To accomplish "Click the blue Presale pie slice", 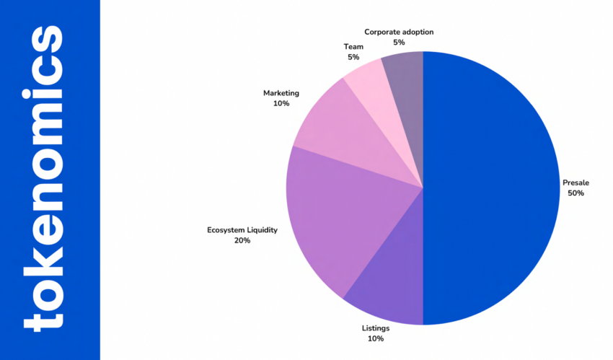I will [x=490, y=188].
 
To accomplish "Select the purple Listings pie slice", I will [x=389, y=281].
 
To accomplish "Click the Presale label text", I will [x=575, y=183].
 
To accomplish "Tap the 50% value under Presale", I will [x=575, y=193].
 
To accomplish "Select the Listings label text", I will [x=375, y=328].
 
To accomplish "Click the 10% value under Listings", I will [x=375, y=338].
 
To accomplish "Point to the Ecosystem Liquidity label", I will [x=242, y=230].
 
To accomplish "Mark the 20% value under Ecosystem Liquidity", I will [x=242, y=240].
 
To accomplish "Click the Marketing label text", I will [x=281, y=93].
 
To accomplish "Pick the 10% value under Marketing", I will [x=281, y=103].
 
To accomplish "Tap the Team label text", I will [x=353, y=46].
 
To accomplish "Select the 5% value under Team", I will [x=353, y=56].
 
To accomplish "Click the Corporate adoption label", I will [x=399, y=32].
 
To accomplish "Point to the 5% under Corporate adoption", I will [x=399, y=43].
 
